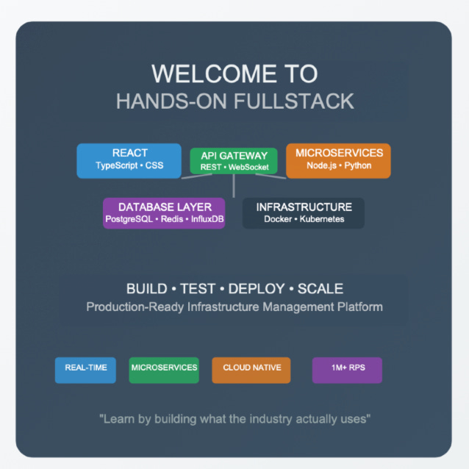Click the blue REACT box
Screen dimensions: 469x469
click(129, 160)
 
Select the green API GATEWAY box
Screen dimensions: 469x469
click(234, 161)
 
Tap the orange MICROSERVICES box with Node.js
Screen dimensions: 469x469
click(338, 160)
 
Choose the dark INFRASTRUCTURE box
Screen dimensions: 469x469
click(303, 213)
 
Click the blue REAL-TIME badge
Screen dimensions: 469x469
click(85, 369)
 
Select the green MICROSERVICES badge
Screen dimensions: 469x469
click(163, 369)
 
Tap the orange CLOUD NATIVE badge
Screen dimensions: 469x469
click(251, 369)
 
